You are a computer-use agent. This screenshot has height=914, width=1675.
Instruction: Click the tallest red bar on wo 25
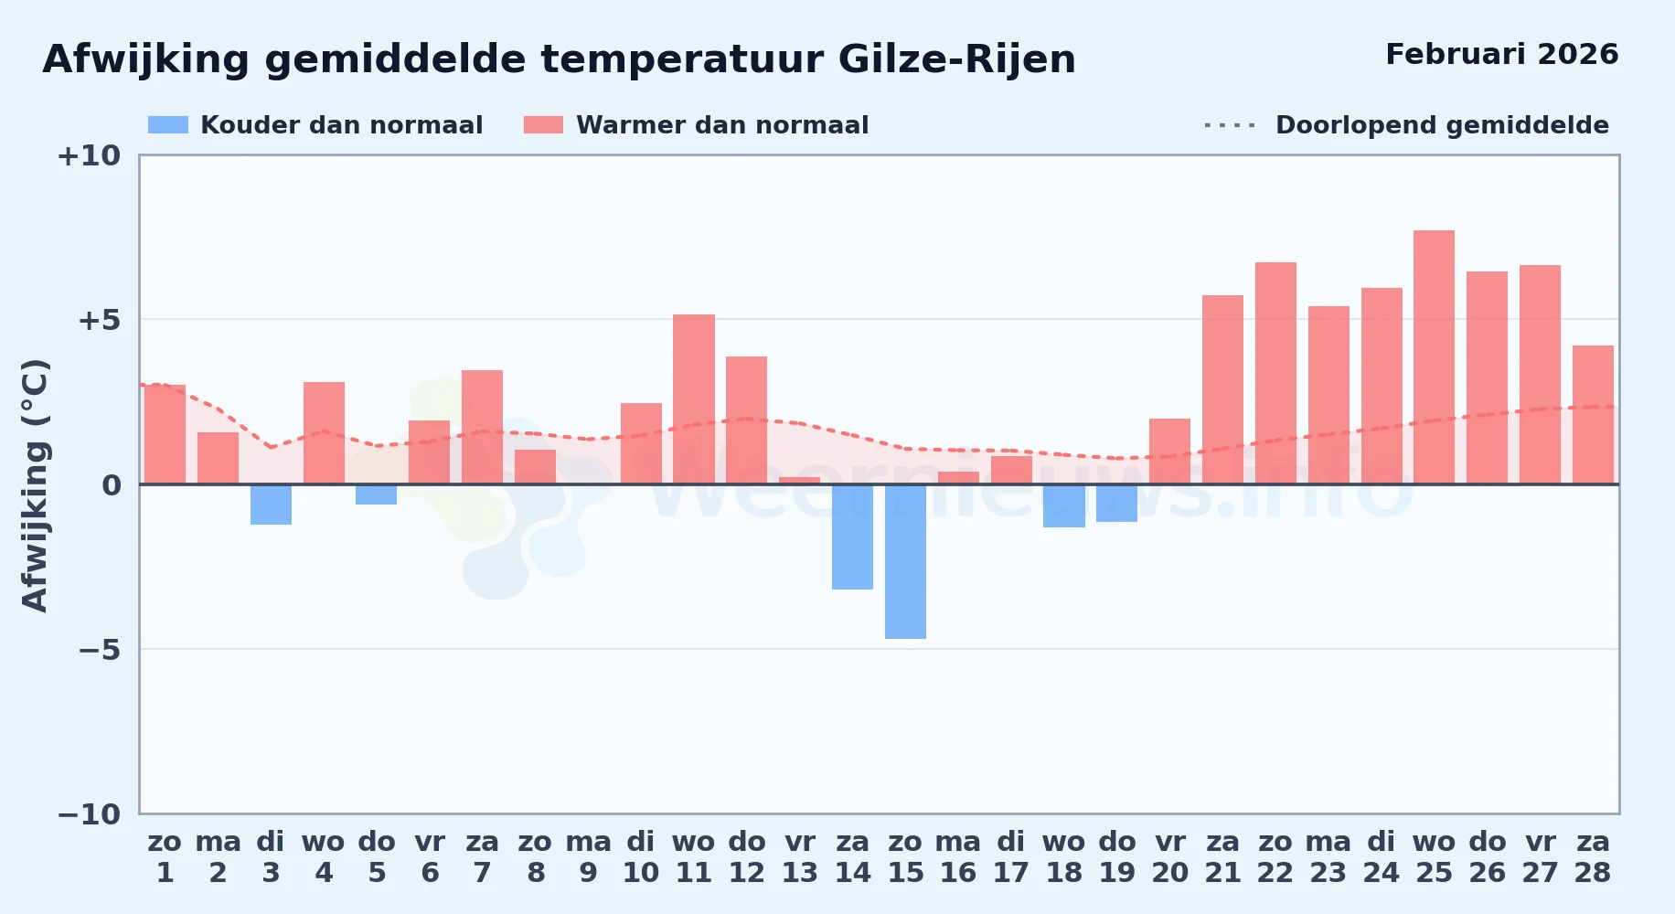(1434, 357)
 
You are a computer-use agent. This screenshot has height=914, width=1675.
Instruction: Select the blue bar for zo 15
(905, 561)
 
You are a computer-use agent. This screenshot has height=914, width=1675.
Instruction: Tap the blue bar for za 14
(852, 537)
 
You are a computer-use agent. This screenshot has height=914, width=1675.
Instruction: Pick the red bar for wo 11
(694, 399)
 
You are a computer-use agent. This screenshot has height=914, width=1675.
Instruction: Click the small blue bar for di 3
(271, 505)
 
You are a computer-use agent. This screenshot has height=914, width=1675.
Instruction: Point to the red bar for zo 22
(1275, 373)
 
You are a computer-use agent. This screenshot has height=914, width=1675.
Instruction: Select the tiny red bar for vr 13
(800, 481)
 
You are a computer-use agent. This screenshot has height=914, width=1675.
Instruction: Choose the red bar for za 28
(1593, 415)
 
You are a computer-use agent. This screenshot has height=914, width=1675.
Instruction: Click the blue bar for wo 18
(1064, 505)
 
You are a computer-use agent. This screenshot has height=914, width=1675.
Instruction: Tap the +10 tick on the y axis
(89, 155)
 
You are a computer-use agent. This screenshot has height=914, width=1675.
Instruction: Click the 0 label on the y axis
(112, 485)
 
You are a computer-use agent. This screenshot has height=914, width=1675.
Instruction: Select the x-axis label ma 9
(588, 856)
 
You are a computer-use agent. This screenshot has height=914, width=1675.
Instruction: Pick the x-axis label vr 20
(1170, 856)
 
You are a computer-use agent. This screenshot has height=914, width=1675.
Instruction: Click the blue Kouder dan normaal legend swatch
(168, 125)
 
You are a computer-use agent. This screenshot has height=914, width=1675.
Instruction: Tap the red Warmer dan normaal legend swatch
(543, 125)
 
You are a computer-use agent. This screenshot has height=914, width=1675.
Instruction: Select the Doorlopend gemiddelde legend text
(1442, 125)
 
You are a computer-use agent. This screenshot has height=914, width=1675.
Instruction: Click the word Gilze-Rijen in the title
(956, 59)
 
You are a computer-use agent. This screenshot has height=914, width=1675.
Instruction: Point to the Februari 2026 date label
(1501, 54)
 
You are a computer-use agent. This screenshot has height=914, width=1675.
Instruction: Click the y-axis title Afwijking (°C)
(35, 485)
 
